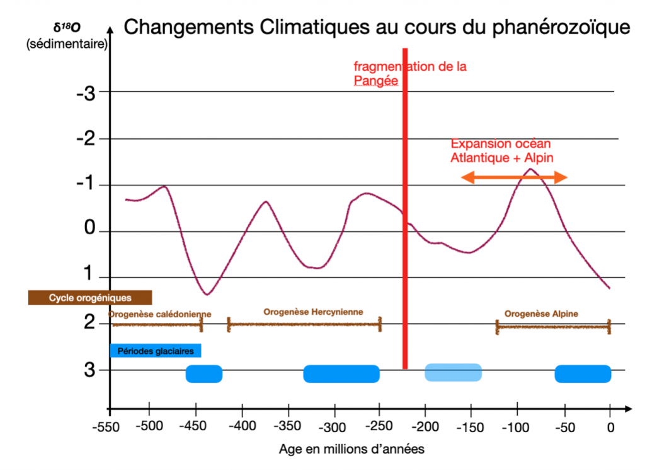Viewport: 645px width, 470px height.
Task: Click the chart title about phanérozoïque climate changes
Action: [x=376, y=27]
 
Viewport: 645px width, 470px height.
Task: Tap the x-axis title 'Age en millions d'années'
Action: [x=351, y=450]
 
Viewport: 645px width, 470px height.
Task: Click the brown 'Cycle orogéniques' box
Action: [x=90, y=298]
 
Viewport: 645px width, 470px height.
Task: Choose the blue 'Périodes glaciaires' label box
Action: [x=155, y=350]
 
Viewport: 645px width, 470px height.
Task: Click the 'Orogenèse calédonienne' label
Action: [x=160, y=314]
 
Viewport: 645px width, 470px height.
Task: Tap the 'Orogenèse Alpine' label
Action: [x=541, y=313]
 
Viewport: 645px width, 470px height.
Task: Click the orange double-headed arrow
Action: [x=514, y=179]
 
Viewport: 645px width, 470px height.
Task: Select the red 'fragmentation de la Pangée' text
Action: [x=409, y=73]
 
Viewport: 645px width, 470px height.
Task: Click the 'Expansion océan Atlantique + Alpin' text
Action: [x=501, y=151]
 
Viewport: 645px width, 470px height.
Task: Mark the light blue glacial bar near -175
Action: [x=453, y=372]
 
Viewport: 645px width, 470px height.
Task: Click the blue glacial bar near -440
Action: [x=204, y=373]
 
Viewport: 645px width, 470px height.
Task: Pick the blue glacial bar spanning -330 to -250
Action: [x=341, y=373]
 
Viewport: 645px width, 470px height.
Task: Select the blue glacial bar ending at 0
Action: [x=583, y=373]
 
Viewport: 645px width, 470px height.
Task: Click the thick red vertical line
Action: [x=404, y=208]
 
